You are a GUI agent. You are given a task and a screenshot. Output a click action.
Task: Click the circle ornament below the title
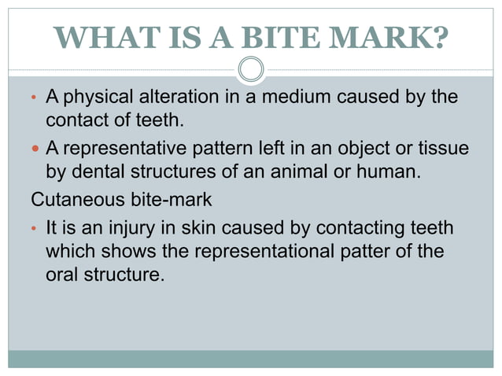(251, 69)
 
